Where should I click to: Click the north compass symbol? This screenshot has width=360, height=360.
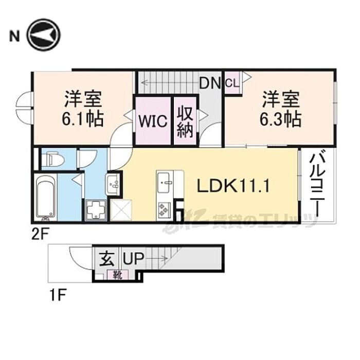click(43, 35)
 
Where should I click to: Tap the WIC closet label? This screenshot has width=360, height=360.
click(153, 121)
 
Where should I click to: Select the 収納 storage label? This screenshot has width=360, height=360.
click(185, 121)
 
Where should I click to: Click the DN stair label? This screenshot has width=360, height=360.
click(210, 83)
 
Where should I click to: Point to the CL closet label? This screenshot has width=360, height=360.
click(232, 83)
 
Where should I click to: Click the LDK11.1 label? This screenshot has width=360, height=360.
click(233, 186)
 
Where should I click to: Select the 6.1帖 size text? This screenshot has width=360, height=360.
click(83, 119)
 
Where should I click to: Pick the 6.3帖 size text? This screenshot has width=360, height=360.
click(281, 119)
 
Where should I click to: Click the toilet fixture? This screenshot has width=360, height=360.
click(53, 158)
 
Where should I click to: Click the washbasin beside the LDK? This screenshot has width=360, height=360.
click(113, 184)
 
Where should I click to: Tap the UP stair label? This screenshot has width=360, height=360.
click(134, 258)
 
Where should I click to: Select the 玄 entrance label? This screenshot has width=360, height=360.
click(106, 259)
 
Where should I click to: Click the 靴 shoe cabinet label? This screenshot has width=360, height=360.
click(118, 275)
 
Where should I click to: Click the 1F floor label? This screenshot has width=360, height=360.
click(58, 295)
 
